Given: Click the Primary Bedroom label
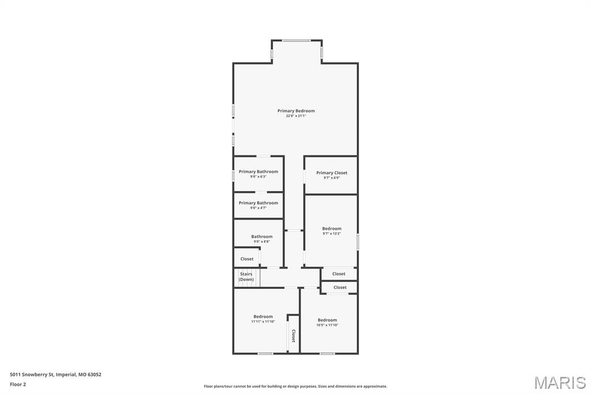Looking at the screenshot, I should click(295, 111).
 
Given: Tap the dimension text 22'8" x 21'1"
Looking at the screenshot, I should click(295, 116).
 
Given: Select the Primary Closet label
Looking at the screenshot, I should click(331, 173).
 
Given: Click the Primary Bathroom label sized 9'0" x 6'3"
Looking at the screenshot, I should click(258, 172).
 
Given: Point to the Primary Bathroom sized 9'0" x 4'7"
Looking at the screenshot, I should click(258, 203).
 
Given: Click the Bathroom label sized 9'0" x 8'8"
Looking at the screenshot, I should click(261, 236).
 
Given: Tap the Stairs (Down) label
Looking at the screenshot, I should click(246, 277).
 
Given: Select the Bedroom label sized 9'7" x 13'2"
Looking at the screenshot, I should click(331, 229).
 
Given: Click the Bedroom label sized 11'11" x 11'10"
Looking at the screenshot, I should click(263, 317).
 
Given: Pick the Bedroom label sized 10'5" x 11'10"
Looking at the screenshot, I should click(327, 320).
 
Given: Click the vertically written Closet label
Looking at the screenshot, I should click(293, 336).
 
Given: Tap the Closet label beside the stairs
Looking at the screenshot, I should click(246, 259).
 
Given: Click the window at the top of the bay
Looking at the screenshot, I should click(296, 40).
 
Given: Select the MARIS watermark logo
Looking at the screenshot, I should click(559, 382).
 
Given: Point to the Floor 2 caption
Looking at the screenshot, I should click(18, 384).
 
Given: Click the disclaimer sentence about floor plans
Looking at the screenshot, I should click(295, 386).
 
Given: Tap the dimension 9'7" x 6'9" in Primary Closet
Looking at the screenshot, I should click(331, 178).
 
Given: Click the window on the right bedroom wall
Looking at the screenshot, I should click(357, 241).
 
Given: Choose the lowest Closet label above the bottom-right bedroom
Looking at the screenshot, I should click(340, 287).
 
